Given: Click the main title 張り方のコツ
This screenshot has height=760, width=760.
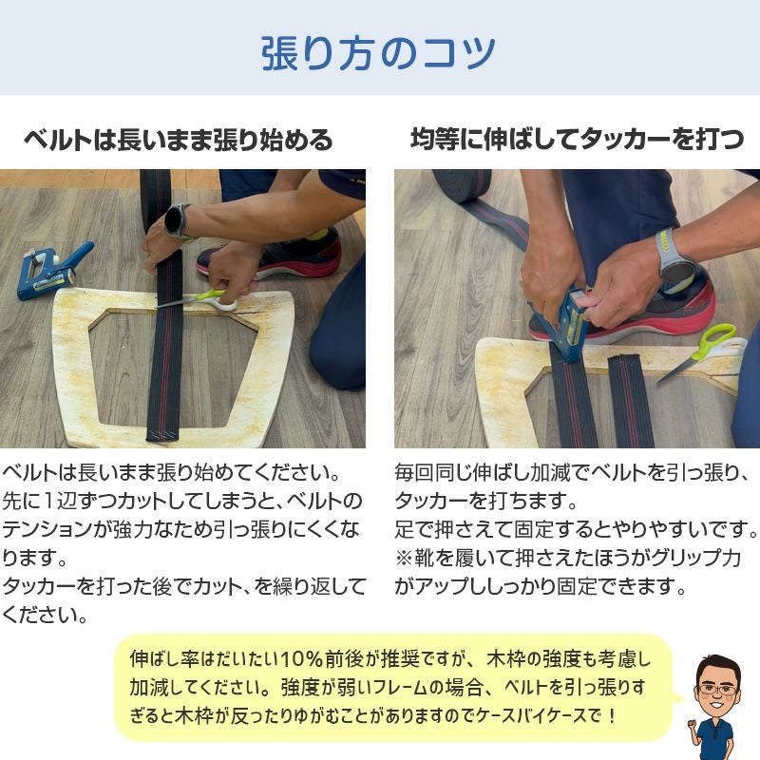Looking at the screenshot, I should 378,52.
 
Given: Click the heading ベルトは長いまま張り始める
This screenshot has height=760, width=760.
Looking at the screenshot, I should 178,142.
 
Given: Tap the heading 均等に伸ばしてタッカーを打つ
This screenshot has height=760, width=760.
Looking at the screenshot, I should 577,141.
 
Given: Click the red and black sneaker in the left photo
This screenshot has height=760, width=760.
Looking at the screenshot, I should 275,252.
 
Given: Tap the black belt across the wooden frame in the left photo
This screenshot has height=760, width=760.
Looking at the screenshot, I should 165,370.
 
